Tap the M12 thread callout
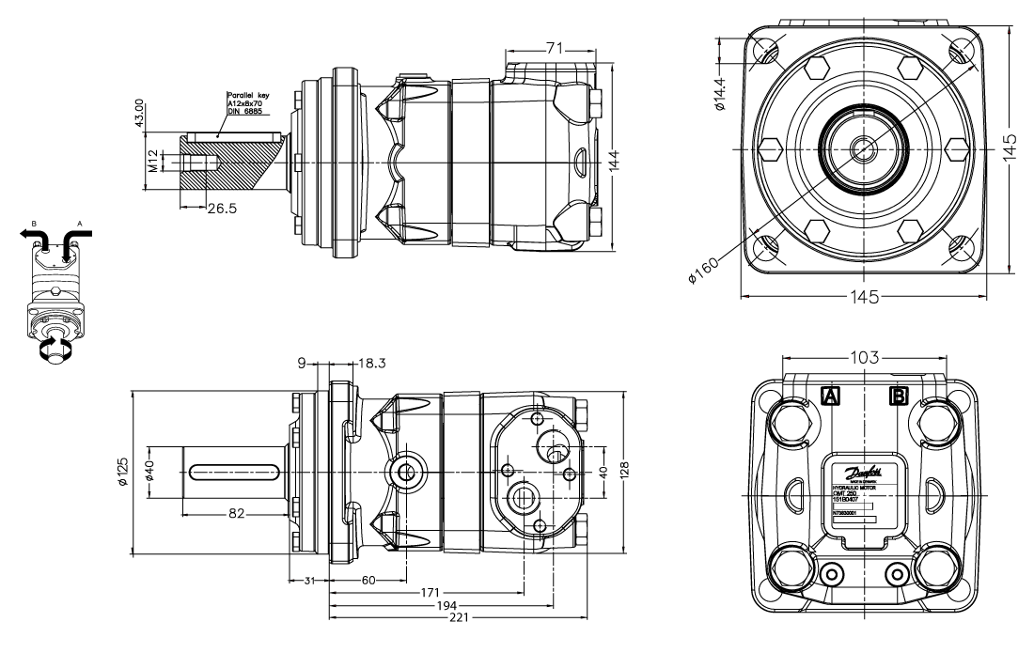153,163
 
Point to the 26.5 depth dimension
223,208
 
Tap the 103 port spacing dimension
865,358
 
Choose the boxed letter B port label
899,396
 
